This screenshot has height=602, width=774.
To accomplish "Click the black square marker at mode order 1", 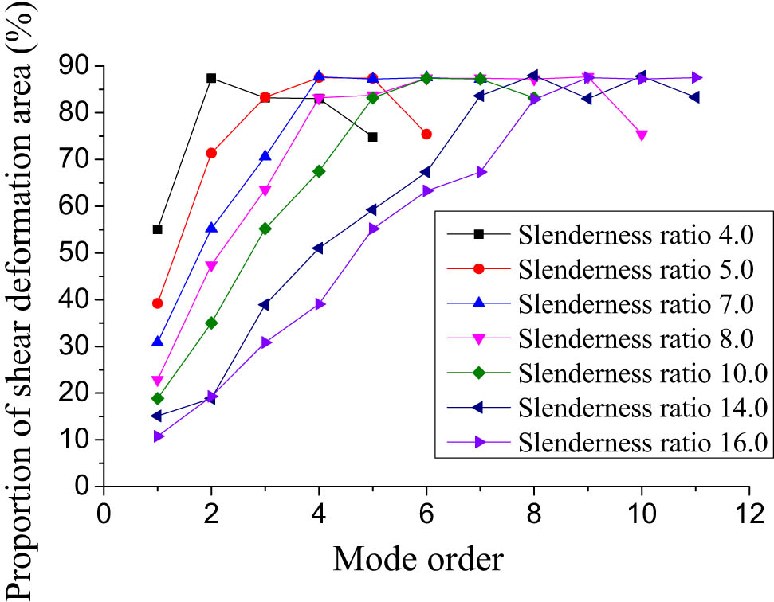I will (157, 229).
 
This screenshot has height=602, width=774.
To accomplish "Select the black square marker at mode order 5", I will (372, 137).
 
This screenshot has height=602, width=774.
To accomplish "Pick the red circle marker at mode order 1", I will (157, 303).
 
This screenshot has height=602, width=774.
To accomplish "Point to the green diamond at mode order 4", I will (319, 171).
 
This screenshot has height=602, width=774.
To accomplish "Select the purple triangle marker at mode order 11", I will (696, 78).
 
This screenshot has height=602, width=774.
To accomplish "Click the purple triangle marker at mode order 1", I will (158, 436).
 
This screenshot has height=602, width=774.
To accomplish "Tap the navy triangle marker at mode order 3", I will (265, 305).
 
